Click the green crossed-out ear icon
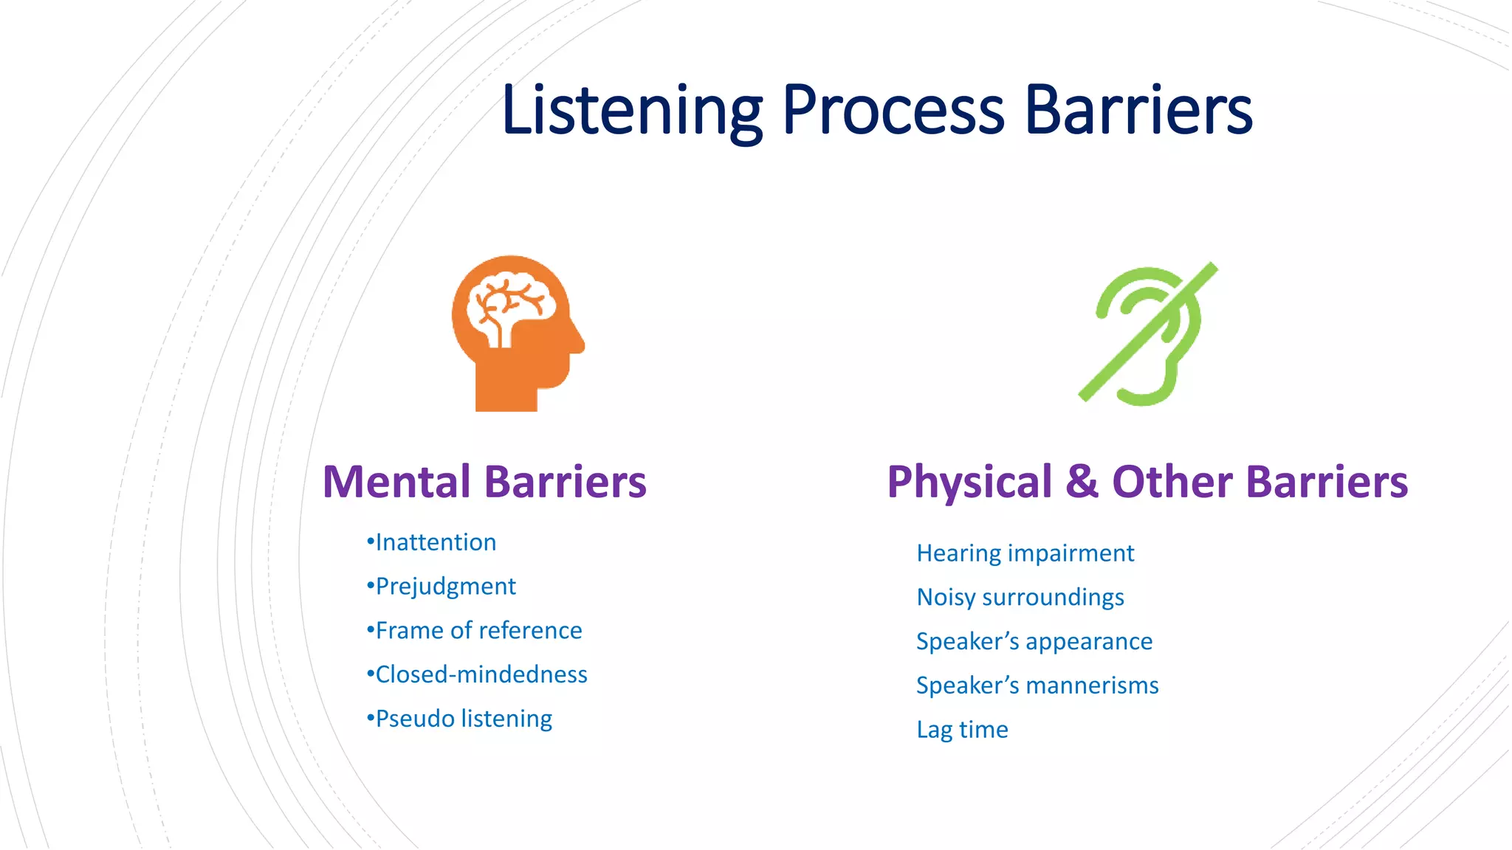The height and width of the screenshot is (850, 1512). (1148, 334)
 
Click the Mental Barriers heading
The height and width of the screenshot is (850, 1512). (484, 482)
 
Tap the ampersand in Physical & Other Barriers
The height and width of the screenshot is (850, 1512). (1082, 482)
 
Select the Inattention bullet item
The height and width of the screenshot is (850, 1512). (432, 542)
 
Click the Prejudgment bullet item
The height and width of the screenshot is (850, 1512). (441, 587)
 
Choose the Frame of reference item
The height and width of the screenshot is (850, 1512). (475, 631)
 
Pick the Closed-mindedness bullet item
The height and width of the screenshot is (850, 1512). (478, 674)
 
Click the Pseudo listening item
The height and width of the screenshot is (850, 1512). (460, 719)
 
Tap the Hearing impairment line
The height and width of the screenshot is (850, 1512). (1025, 553)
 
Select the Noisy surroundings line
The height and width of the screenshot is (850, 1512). (1020, 597)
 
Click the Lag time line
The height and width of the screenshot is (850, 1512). (962, 730)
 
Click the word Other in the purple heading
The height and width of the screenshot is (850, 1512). (1172, 482)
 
